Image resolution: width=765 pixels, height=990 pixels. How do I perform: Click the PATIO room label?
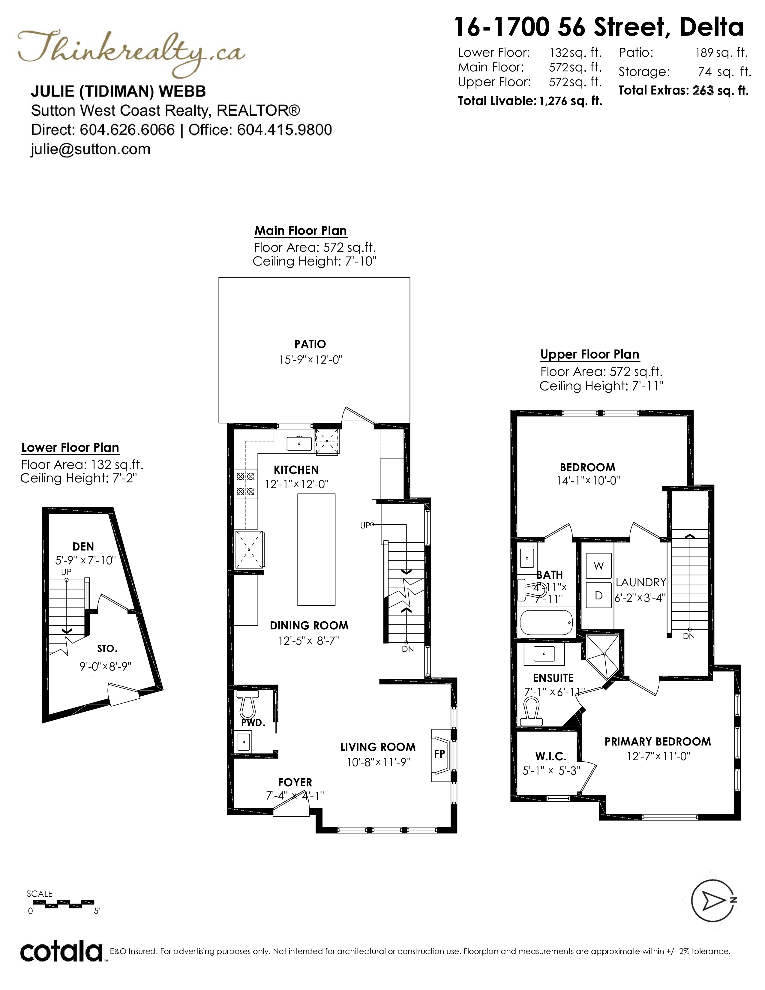tap(310, 344)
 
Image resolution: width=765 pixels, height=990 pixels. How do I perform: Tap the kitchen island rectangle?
tap(316, 549)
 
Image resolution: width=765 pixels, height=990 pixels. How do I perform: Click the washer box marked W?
tap(599, 566)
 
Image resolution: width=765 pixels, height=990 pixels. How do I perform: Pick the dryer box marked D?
tap(599, 595)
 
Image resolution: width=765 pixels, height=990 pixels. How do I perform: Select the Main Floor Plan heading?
tap(301, 230)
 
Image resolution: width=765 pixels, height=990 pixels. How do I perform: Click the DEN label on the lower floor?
tap(83, 547)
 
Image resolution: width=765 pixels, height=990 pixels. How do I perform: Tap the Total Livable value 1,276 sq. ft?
tap(571, 101)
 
